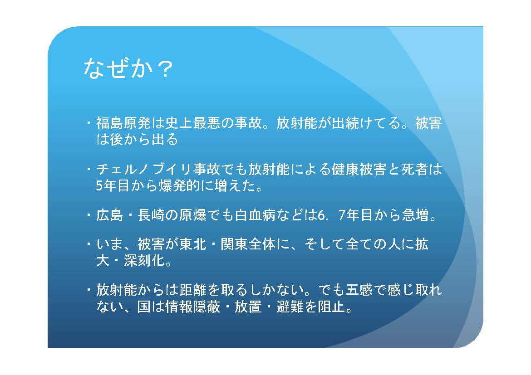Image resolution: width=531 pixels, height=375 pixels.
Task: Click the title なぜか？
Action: pos(128,69)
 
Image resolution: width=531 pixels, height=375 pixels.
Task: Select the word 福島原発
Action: pos(123,123)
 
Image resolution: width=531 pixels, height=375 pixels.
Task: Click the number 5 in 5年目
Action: pos(99,186)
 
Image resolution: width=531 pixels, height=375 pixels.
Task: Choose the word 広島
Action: pos(109,215)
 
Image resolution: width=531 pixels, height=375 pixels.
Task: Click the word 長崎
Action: pos(151,215)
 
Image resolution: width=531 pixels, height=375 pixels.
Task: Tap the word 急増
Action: pos(416,215)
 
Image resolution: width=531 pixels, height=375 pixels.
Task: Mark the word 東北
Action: pos(193,244)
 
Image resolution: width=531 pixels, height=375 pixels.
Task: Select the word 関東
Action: pos(234,244)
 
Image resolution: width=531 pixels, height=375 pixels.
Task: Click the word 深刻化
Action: pos(144,261)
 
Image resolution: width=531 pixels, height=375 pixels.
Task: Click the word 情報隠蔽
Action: pos(193,307)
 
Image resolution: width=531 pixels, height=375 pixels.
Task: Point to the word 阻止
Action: pos(332,307)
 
